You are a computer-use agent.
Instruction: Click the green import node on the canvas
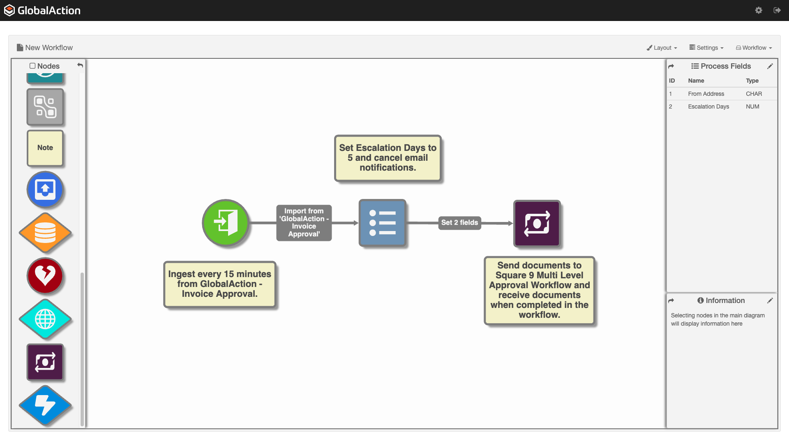[x=225, y=223]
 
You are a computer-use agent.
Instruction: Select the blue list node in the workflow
[x=382, y=223]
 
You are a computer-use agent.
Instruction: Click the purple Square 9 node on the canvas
[x=537, y=224]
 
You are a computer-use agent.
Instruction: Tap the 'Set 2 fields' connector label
[x=459, y=222]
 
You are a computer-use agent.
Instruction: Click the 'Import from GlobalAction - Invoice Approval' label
[x=304, y=222]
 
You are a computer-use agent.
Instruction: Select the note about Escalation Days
[x=388, y=158]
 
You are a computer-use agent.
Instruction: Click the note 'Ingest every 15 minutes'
[x=219, y=284]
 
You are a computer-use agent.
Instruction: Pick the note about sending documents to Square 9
[x=539, y=290]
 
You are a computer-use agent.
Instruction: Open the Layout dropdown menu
[x=662, y=48]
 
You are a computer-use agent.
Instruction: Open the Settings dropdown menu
[x=706, y=48]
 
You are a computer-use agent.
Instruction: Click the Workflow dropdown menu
[x=754, y=48]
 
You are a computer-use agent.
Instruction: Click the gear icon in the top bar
[x=759, y=10]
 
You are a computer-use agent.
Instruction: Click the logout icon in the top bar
[x=777, y=10]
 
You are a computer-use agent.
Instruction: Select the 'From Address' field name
[x=706, y=94]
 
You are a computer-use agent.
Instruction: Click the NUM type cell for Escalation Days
[x=752, y=106]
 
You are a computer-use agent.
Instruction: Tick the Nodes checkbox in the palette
[x=32, y=66]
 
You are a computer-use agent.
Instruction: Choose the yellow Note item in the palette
[x=45, y=148]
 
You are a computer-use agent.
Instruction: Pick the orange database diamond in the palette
[x=45, y=233]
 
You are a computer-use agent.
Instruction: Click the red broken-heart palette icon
[x=45, y=275]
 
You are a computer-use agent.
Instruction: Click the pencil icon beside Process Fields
[x=770, y=66]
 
